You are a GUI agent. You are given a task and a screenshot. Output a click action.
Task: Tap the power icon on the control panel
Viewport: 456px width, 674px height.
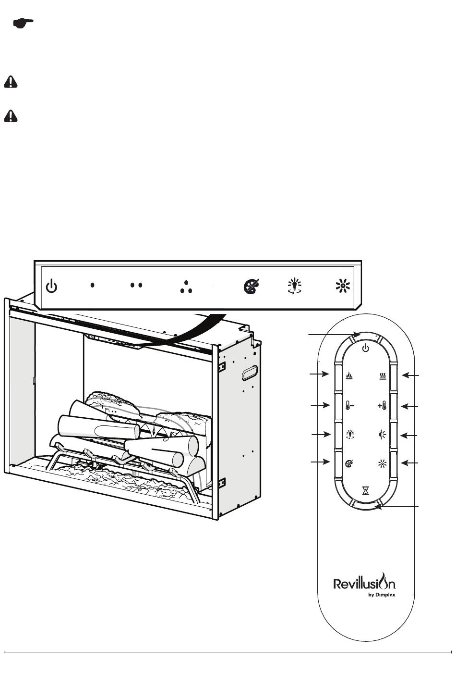tap(51, 286)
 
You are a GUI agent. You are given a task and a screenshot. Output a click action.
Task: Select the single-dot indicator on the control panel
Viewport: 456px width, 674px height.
tap(93, 285)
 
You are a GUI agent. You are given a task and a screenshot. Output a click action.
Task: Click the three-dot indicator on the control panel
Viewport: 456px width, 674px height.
tap(186, 287)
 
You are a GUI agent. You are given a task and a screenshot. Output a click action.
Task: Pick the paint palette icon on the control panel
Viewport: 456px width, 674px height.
tap(251, 286)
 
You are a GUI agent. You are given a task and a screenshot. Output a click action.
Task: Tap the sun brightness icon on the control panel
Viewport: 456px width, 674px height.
tap(343, 286)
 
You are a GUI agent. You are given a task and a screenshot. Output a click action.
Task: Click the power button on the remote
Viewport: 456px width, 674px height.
tap(365, 349)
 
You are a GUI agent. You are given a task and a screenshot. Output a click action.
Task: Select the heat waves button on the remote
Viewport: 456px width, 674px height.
tap(383, 376)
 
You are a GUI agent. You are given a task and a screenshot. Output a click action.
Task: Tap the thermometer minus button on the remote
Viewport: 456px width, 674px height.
tap(349, 406)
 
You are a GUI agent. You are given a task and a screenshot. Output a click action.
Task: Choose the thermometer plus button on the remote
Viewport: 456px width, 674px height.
tap(382, 406)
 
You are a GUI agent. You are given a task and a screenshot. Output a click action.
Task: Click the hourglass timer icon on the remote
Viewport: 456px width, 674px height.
tap(366, 491)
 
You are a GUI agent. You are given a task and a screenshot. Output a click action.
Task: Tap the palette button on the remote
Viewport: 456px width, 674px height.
tap(349, 464)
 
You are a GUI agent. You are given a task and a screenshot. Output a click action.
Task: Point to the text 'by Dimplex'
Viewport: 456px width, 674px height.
tap(382, 595)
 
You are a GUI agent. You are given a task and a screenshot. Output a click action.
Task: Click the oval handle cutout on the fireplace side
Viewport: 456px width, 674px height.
tap(250, 373)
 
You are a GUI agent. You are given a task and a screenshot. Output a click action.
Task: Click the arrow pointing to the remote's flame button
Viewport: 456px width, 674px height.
tap(319, 374)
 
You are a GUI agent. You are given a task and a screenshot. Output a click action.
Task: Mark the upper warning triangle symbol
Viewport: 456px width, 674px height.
tap(11, 82)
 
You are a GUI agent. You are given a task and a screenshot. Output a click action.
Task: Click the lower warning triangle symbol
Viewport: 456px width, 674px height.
tap(11, 116)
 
